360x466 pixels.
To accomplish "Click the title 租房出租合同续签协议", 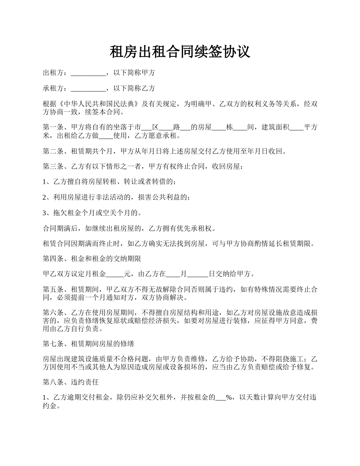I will [x=180, y=52].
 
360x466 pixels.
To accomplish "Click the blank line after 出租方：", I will [x=88, y=73].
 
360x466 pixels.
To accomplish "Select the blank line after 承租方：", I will [x=88, y=89].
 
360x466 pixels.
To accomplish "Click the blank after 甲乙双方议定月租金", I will [x=115, y=274].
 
